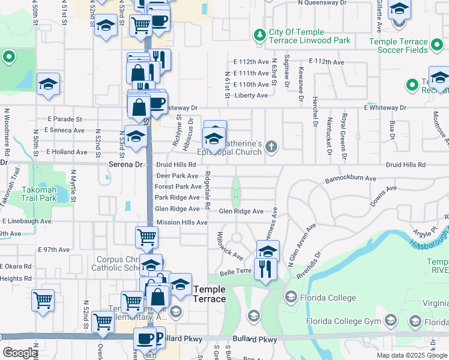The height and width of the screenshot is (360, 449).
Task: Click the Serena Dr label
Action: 125,164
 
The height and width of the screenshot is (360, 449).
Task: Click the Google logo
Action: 20,353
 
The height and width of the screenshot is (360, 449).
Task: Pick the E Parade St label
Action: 62,119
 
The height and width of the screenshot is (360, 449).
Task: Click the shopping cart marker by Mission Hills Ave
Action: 146,238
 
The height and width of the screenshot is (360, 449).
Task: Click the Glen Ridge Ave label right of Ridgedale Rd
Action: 241,211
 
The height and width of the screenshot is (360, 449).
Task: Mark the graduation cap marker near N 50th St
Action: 48,85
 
